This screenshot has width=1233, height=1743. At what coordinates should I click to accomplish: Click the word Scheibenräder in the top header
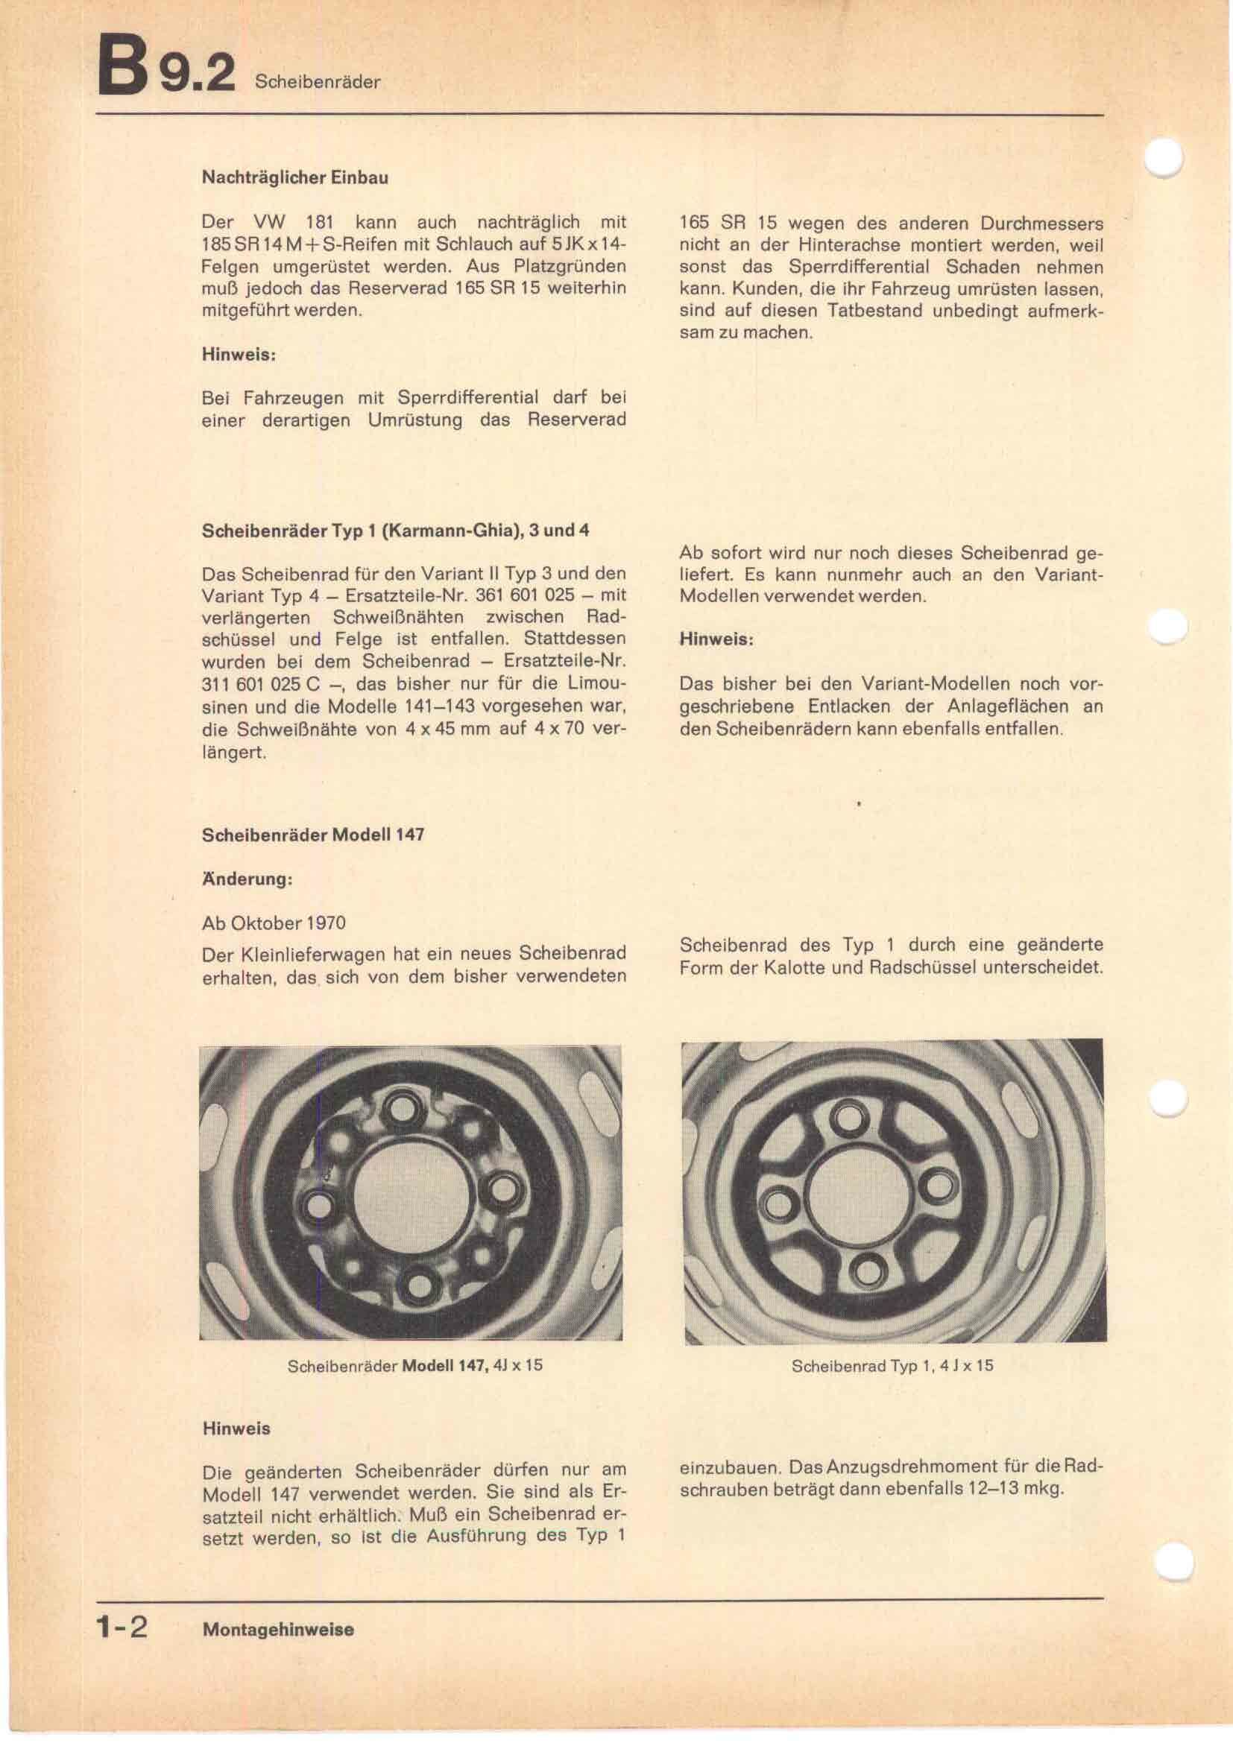click(318, 83)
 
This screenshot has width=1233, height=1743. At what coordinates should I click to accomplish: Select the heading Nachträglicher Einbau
click(294, 177)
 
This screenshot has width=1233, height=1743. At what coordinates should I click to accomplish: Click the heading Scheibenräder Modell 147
click(313, 835)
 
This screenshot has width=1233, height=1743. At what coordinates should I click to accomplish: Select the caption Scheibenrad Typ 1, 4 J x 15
click(892, 1366)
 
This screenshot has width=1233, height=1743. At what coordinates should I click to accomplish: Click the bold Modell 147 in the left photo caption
click(444, 1365)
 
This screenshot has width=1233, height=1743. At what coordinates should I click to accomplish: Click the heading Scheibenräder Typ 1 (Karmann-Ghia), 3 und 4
click(395, 531)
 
